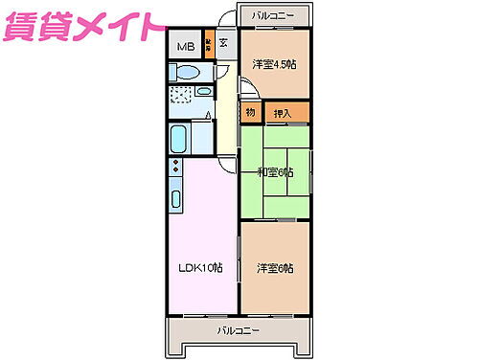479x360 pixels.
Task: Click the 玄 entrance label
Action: tap(222, 42)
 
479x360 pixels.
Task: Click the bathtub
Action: tap(179, 141)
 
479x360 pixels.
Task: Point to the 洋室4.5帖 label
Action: tap(274, 64)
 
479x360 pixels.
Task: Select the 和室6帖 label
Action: tap(275, 172)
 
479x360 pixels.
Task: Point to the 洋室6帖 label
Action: tap(275, 268)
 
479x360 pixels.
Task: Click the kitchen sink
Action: tap(177, 200)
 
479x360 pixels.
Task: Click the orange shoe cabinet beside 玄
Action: tap(208, 45)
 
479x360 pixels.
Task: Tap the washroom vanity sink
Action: tap(206, 93)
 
